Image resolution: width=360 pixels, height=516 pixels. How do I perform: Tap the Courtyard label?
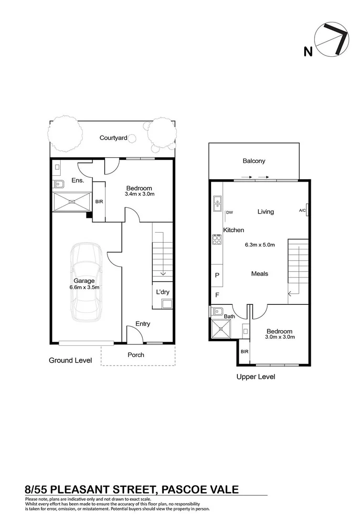(113, 138)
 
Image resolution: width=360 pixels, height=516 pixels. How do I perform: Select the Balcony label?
(254, 161)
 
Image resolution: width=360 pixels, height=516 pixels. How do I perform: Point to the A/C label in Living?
(303, 210)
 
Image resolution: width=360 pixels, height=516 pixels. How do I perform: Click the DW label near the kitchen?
(229, 212)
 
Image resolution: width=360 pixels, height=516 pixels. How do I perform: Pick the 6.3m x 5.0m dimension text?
(260, 245)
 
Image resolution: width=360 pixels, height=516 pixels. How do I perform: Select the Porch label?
(136, 355)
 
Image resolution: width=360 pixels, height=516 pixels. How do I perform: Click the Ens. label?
(78, 181)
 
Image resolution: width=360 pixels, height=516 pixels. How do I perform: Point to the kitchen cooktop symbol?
(216, 239)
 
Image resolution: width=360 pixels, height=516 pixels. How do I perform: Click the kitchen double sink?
(216, 204)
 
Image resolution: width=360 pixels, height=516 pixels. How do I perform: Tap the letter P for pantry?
(217, 275)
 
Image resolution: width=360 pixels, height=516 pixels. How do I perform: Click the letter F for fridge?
(217, 295)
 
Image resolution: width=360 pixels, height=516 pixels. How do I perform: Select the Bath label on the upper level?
(229, 316)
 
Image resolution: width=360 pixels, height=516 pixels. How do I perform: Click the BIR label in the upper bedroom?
(244, 352)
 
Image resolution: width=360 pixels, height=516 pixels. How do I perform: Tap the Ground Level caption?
(70, 361)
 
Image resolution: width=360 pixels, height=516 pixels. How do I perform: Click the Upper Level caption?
(256, 376)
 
